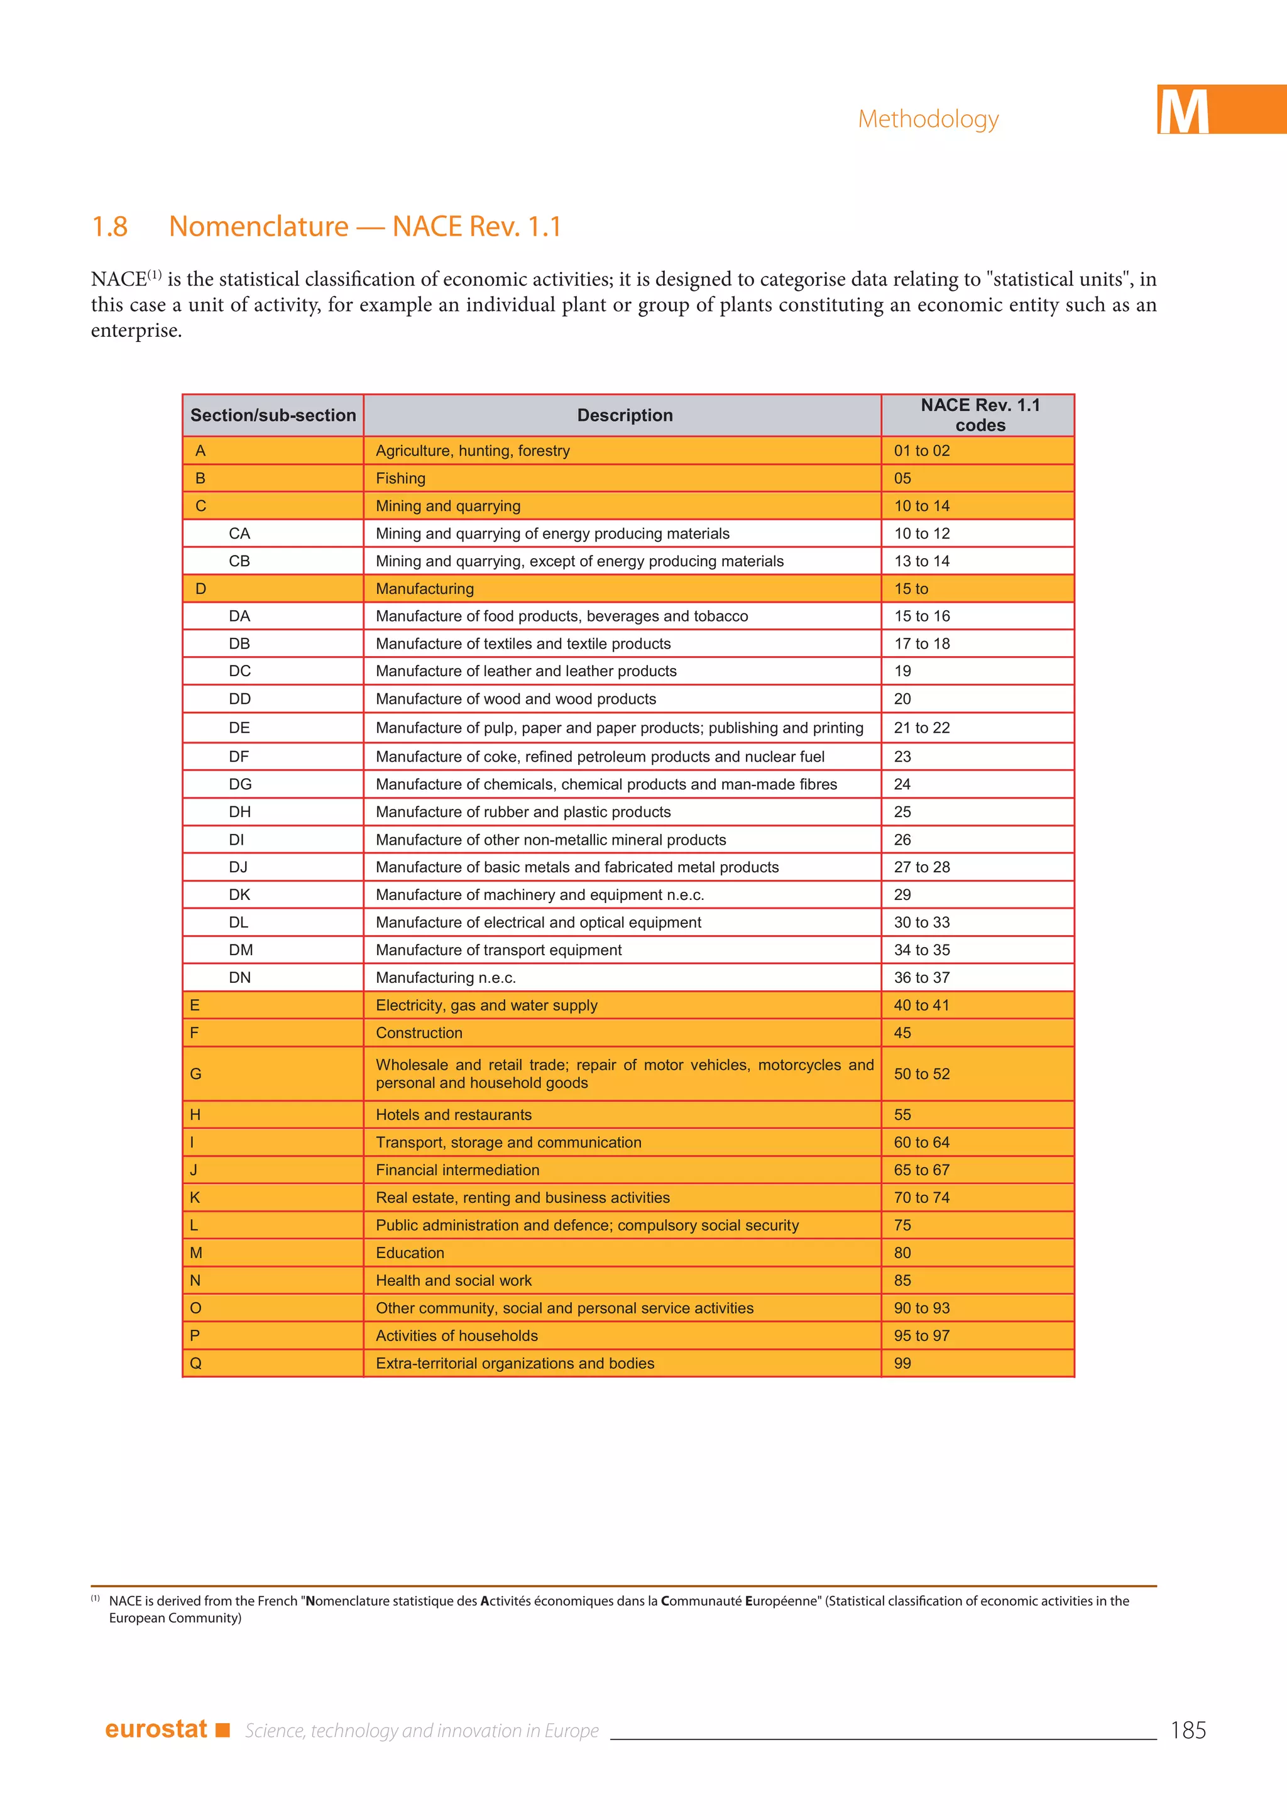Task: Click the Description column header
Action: click(x=625, y=415)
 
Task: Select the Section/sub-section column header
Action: click(x=273, y=415)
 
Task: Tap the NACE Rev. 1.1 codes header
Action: click(x=980, y=415)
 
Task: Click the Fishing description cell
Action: click(x=400, y=478)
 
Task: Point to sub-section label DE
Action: click(x=239, y=728)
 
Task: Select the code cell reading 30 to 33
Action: click(x=922, y=922)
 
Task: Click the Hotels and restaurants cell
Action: click(x=453, y=1114)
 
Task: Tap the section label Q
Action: click(x=195, y=1363)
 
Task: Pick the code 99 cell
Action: click(x=902, y=1363)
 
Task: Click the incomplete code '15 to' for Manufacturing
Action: click(x=911, y=589)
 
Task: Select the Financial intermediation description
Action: click(x=457, y=1170)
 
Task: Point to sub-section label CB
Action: click(x=239, y=561)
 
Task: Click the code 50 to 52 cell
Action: click(x=922, y=1074)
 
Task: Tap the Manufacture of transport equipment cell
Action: click(x=498, y=950)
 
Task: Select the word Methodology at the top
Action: click(x=928, y=119)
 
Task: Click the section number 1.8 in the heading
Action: click(x=109, y=227)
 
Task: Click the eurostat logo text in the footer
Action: click(x=156, y=1729)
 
